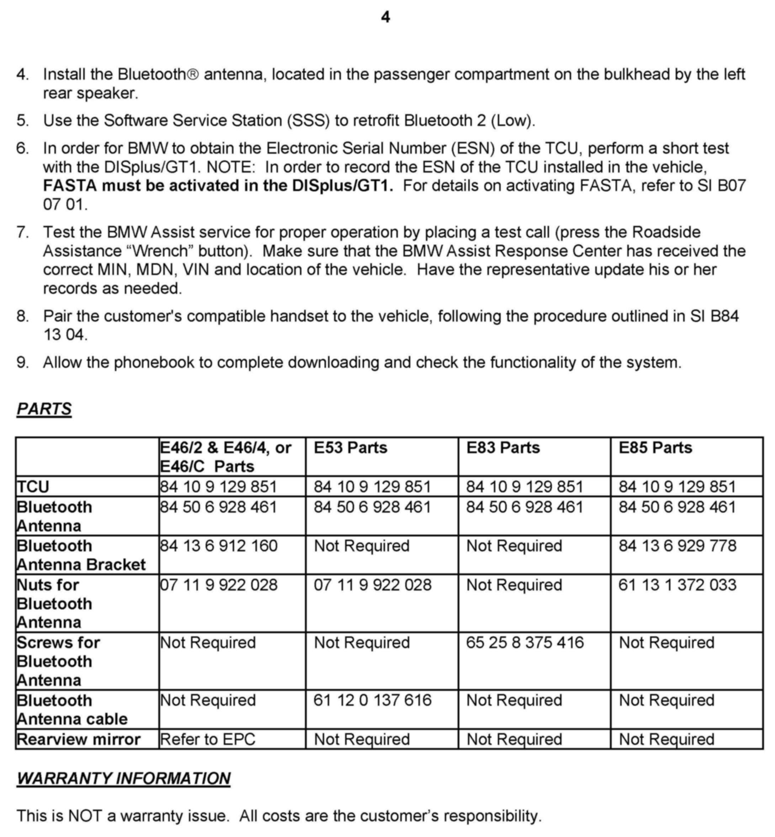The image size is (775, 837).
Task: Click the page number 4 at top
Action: pyautogui.click(x=385, y=17)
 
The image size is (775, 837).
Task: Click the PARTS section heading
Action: pyautogui.click(x=44, y=409)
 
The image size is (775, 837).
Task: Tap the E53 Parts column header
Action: pyautogui.click(x=350, y=447)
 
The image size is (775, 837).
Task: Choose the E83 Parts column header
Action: pyautogui.click(x=503, y=447)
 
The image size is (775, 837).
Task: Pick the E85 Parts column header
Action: pyautogui.click(x=655, y=447)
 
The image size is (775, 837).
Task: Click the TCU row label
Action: pyautogui.click(x=33, y=487)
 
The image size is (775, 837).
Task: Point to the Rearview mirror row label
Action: pyautogui.click(x=78, y=739)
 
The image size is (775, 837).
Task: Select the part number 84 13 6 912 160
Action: pyautogui.click(x=218, y=546)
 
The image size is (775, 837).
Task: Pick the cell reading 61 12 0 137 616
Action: pyautogui.click(x=373, y=700)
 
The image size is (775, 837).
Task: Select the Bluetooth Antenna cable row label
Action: pyautogui.click(x=72, y=710)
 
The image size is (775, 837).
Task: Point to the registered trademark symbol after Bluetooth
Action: pyautogui.click(x=193, y=75)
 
